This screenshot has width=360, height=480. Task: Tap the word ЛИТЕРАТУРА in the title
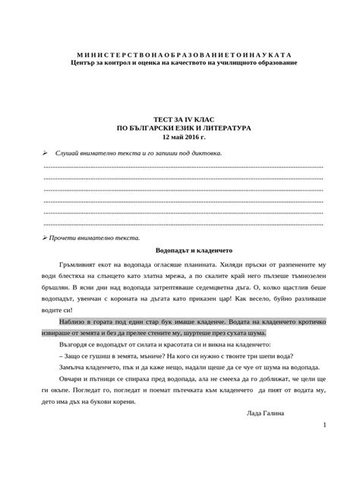click(226, 129)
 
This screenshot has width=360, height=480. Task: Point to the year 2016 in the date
click(190, 138)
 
